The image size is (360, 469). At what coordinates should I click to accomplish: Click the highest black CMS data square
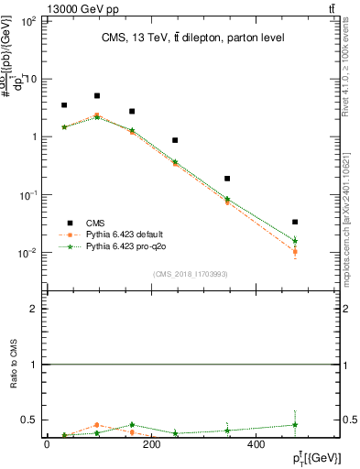coord(97,95)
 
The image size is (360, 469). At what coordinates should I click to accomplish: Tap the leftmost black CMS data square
coord(64,105)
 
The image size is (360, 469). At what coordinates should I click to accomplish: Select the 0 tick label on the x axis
coord(47,445)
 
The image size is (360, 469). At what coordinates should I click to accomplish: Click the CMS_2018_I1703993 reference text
coord(191,274)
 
